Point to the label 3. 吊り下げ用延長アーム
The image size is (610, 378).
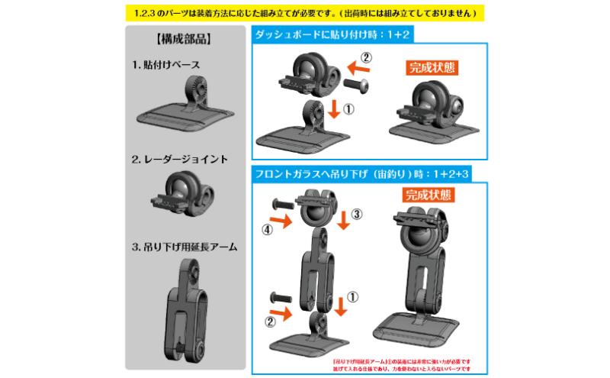click(185, 247)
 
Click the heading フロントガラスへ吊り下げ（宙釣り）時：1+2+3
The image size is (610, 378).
click(363, 175)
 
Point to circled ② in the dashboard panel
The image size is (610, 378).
click(366, 58)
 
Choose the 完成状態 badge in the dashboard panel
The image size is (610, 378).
click(427, 66)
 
